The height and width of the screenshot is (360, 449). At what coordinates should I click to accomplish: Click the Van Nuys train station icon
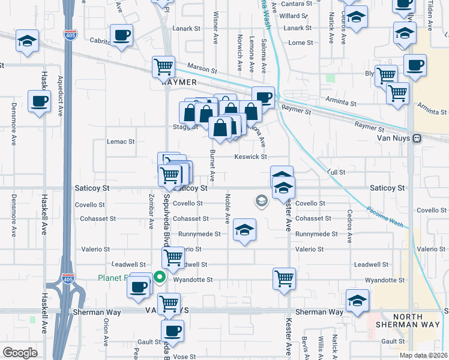417,137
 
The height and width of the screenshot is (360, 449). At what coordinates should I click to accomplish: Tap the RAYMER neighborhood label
179,82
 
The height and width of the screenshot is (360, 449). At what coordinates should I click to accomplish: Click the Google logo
20,352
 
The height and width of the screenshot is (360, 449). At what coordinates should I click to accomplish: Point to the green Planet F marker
159,277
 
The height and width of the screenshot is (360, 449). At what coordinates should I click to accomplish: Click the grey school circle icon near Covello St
261,200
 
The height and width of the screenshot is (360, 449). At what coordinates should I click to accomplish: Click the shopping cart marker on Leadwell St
173,257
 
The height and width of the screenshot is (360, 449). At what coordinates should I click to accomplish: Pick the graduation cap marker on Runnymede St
244,230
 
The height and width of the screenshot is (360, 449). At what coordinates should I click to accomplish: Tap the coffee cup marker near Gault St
173,330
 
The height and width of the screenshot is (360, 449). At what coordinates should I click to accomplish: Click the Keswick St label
250,157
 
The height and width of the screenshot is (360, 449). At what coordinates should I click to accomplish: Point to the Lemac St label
121,142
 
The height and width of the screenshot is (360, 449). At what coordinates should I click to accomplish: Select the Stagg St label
186,127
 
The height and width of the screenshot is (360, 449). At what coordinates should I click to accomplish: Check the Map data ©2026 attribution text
423,355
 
